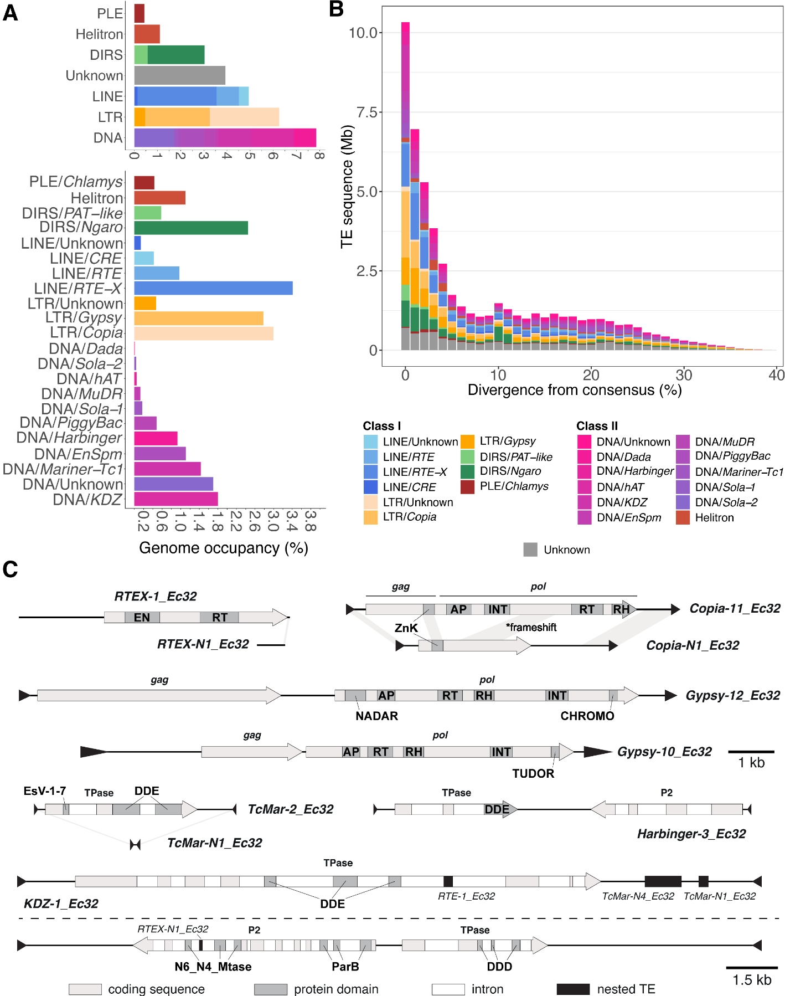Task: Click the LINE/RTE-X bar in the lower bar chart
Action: pos(213,288)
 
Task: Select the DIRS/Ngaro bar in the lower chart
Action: pos(190,228)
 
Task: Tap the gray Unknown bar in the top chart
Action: pos(179,75)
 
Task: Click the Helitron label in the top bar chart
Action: pos(100,34)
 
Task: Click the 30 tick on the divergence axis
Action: pos(684,376)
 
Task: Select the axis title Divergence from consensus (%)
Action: pos(575,390)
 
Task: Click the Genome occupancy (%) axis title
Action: pos(224,548)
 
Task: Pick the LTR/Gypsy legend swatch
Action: pos(468,441)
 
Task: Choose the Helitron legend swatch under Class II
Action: pos(683,517)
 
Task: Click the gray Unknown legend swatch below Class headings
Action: pos(530,550)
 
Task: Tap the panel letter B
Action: pos(336,9)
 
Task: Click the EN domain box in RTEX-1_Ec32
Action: pos(142,617)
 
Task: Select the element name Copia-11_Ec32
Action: pos(735,608)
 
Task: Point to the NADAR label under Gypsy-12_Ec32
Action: pos(376,716)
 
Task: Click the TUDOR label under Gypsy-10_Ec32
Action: pos(533,773)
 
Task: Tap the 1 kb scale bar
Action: pos(751,752)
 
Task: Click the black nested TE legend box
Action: pos(573,989)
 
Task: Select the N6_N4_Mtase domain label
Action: pos(213,967)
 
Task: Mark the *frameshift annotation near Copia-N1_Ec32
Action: pos(531,627)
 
